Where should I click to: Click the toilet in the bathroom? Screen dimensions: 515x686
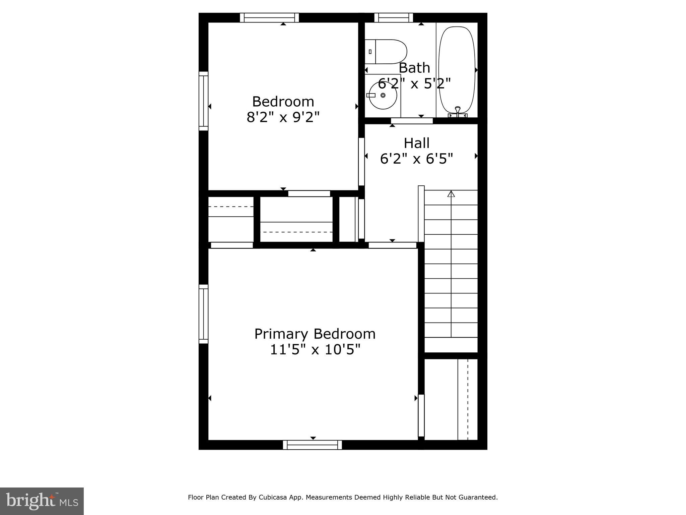pyautogui.click(x=386, y=52)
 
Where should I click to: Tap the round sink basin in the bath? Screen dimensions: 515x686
pyautogui.click(x=383, y=95)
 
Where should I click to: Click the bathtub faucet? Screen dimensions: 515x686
pyautogui.click(x=458, y=111)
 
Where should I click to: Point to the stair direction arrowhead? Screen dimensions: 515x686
pyautogui.click(x=451, y=193)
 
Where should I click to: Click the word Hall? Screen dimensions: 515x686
pyautogui.click(x=416, y=143)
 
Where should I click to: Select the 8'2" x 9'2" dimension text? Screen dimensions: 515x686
pyautogui.click(x=283, y=117)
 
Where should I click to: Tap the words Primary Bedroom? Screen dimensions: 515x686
pyautogui.click(x=315, y=334)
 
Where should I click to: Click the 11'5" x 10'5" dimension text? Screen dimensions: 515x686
pyautogui.click(x=315, y=350)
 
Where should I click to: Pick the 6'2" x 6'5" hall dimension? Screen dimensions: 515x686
pyautogui.click(x=416, y=159)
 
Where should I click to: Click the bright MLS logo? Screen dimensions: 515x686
pyautogui.click(x=42, y=501)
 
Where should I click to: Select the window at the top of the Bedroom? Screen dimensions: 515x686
pyautogui.click(x=269, y=17)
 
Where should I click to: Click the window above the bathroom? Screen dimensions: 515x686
pyautogui.click(x=393, y=17)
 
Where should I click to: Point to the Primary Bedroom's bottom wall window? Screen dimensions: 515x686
pyautogui.click(x=312, y=445)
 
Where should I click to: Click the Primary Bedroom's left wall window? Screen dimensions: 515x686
pyautogui.click(x=203, y=314)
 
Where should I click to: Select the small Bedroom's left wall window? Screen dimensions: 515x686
pyautogui.click(x=203, y=101)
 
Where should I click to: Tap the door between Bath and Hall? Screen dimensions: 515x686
pyautogui.click(x=412, y=121)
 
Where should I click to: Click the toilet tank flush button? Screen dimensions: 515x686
pyautogui.click(x=370, y=52)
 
